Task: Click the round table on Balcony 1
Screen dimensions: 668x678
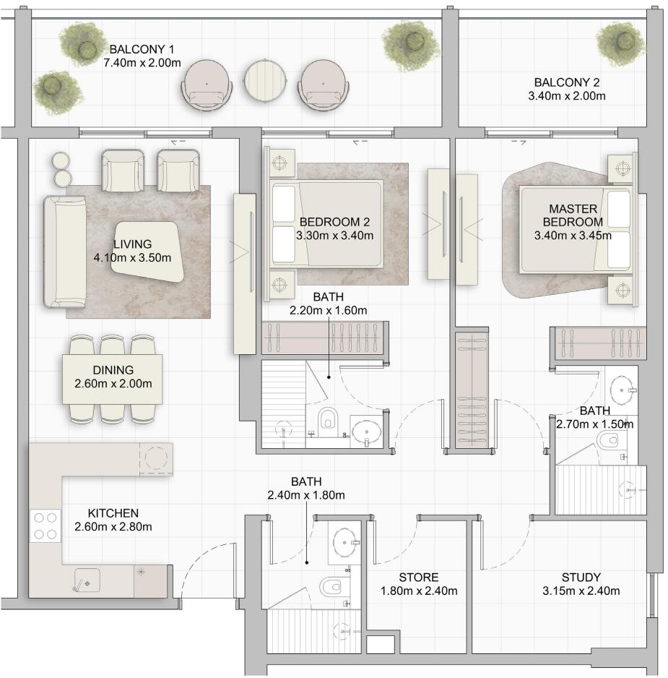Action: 265,81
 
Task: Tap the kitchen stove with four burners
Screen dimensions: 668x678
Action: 45,525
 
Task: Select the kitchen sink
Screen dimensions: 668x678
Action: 87,580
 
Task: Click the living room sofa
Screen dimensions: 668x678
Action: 65,252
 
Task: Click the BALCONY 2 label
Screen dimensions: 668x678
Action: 566,82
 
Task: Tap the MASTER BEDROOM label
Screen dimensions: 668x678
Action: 573,215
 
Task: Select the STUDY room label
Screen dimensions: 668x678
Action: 581,578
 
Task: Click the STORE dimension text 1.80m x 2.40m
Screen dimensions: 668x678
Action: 419,591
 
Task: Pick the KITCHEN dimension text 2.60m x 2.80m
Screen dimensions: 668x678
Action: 113,527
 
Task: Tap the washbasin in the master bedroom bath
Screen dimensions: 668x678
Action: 623,390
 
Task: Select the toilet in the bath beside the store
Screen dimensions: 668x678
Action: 331,587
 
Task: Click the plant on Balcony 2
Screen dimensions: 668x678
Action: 621,44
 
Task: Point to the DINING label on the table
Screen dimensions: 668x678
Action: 113,370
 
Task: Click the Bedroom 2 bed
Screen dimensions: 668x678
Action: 327,223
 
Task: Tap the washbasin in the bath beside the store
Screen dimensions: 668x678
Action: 345,542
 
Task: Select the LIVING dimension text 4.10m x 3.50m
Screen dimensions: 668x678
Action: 132,258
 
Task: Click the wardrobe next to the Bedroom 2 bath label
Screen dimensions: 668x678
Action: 325,338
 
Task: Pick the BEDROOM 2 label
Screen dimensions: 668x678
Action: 334,222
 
